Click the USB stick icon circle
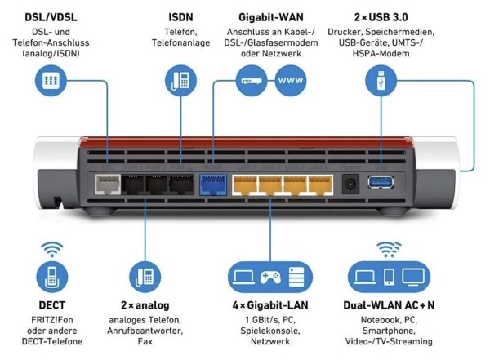(x=382, y=81)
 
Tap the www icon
(x=291, y=81)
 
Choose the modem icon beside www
(x=249, y=81)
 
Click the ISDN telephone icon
(x=182, y=81)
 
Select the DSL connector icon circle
(x=51, y=82)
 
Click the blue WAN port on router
(x=212, y=184)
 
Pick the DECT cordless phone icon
(x=51, y=277)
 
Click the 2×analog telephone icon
(x=143, y=277)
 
